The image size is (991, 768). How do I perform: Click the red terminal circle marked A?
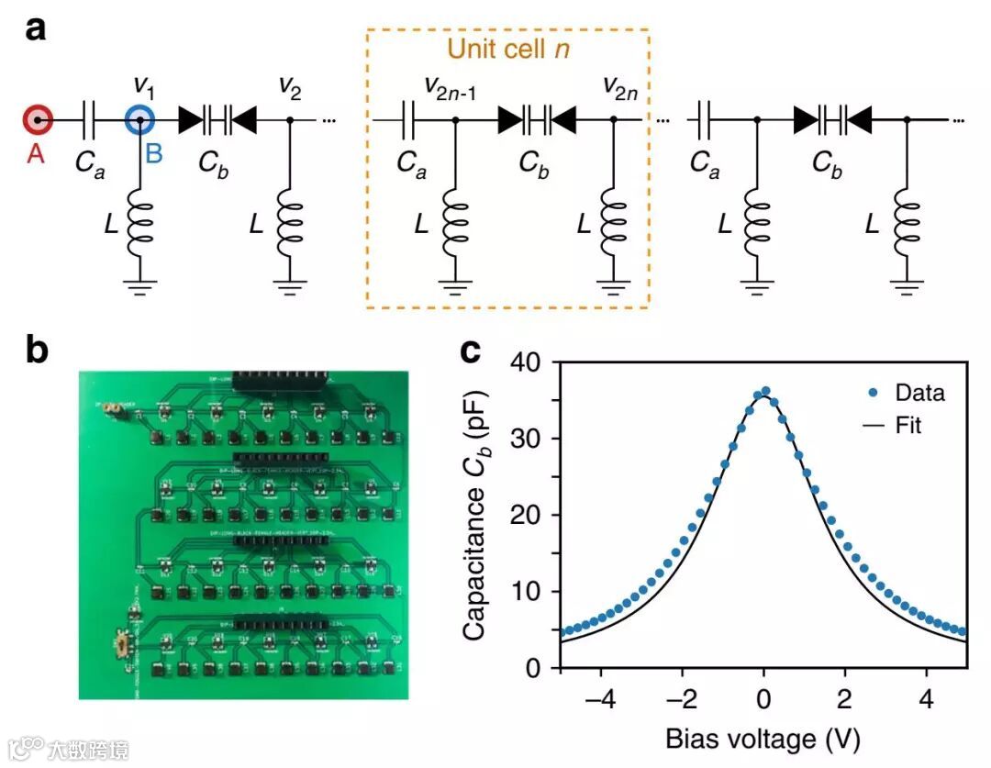pyautogui.click(x=37, y=120)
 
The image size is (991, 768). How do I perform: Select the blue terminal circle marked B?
pyautogui.click(x=139, y=120)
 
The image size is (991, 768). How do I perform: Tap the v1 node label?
pyautogui.click(x=144, y=87)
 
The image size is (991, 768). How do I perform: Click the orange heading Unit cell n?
pyautogui.click(x=507, y=50)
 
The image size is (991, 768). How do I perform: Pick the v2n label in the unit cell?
pyautogui.click(x=621, y=87)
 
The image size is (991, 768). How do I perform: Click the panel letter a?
pyautogui.click(x=36, y=29)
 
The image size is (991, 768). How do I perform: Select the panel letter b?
pyautogui.click(x=38, y=351)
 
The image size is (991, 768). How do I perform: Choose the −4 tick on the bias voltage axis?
pyautogui.click(x=600, y=695)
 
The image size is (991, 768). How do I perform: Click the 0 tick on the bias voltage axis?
pyautogui.click(x=763, y=695)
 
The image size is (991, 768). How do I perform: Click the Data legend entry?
pyautogui.click(x=919, y=394)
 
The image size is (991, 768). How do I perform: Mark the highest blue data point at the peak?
pyautogui.click(x=765, y=391)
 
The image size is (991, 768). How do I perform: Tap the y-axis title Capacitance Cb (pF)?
pyautogui.click(x=477, y=516)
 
